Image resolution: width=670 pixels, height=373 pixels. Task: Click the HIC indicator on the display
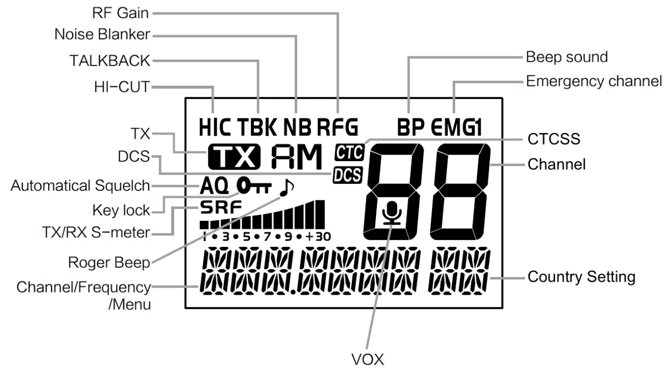click(x=215, y=128)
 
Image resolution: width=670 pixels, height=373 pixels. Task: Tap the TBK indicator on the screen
click(x=257, y=128)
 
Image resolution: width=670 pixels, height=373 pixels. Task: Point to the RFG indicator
click(x=338, y=128)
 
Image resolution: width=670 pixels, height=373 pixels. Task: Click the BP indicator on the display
click(x=411, y=128)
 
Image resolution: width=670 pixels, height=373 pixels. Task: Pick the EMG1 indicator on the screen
click(x=456, y=128)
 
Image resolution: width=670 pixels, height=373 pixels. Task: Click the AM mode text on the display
click(x=296, y=157)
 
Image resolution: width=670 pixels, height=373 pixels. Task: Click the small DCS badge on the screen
click(x=348, y=175)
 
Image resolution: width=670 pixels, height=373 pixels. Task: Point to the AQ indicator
click(x=214, y=187)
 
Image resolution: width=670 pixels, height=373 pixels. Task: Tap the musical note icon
click(x=286, y=187)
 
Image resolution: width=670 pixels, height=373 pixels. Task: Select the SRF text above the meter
click(x=220, y=206)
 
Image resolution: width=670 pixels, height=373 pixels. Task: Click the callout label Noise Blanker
click(x=102, y=35)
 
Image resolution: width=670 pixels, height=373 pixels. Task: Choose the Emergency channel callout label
click(x=594, y=81)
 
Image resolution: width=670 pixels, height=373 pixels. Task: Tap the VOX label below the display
click(x=367, y=359)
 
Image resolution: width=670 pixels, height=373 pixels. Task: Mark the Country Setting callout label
click(x=581, y=277)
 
